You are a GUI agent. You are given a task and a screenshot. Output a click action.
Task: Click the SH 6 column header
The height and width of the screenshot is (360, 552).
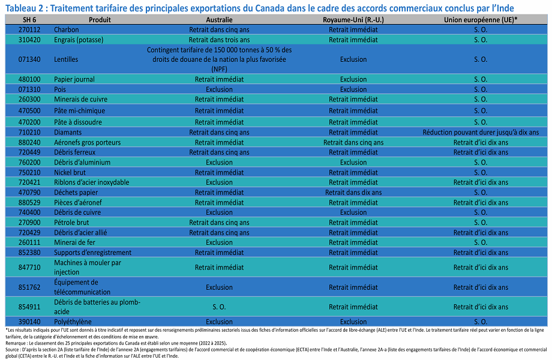pyautogui.click(x=29, y=20)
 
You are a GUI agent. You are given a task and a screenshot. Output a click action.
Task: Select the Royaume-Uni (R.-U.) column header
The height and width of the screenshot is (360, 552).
pyautogui.click(x=353, y=20)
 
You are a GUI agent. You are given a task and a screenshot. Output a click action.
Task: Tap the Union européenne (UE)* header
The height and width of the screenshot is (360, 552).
pyautogui.click(x=481, y=20)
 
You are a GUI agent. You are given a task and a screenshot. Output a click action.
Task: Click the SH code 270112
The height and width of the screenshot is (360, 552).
pyautogui.click(x=29, y=29)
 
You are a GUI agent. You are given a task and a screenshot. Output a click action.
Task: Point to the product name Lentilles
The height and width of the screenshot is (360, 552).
pyautogui.click(x=66, y=59)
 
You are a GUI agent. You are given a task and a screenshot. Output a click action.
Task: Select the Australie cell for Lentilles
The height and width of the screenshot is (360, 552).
pyautogui.click(x=219, y=59)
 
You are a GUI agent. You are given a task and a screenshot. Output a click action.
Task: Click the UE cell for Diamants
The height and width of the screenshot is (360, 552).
pyautogui.click(x=481, y=133)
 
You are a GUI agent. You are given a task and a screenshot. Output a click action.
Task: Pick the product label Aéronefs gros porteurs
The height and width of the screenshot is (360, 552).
pyautogui.click(x=87, y=143)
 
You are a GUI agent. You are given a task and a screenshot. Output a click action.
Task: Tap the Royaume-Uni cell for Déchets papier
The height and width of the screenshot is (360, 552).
pyautogui.click(x=353, y=193)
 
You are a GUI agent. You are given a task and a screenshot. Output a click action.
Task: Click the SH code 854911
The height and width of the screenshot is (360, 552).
pyautogui.click(x=29, y=307)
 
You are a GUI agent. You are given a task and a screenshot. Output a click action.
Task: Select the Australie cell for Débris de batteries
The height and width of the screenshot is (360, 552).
pyautogui.click(x=219, y=307)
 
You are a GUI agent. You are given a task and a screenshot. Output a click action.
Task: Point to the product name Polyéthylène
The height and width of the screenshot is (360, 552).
pyautogui.click(x=73, y=322)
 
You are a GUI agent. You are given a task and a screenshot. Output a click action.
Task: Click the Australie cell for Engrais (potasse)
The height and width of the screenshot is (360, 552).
pyautogui.click(x=219, y=40)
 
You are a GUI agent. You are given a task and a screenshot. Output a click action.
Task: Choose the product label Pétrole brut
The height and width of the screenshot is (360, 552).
pyautogui.click(x=71, y=223)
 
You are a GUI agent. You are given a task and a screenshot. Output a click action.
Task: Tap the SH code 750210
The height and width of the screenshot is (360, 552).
pyautogui.click(x=29, y=172)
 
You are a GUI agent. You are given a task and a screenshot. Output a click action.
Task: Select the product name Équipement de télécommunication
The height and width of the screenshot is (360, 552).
pyautogui.click(x=82, y=287)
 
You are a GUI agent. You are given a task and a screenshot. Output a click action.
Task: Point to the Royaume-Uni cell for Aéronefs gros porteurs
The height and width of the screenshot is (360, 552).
pyautogui.click(x=353, y=143)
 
